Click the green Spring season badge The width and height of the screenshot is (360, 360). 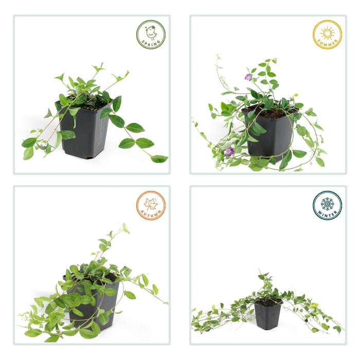click(x=151, y=34)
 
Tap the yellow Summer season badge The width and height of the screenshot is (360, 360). click(x=327, y=34)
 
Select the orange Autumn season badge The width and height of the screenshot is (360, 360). click(x=151, y=205)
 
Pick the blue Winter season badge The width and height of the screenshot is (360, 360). click(x=327, y=205)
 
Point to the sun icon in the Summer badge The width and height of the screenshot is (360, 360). click(x=328, y=33)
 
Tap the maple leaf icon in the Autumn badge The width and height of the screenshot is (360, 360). click(x=151, y=204)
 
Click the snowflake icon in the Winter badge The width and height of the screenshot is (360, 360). click(x=328, y=204)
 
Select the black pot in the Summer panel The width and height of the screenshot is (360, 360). click(x=269, y=135)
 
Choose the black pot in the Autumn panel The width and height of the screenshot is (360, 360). click(x=95, y=303)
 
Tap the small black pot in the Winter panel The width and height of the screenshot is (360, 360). click(x=267, y=314)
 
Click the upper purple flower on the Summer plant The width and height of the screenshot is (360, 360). click(x=248, y=77)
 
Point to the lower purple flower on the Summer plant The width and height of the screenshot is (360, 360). click(x=229, y=152)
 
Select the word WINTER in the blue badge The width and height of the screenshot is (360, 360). click(x=327, y=214)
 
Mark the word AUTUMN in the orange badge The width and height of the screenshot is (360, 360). click(x=151, y=214)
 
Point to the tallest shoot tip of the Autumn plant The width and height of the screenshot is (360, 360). click(x=124, y=224)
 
